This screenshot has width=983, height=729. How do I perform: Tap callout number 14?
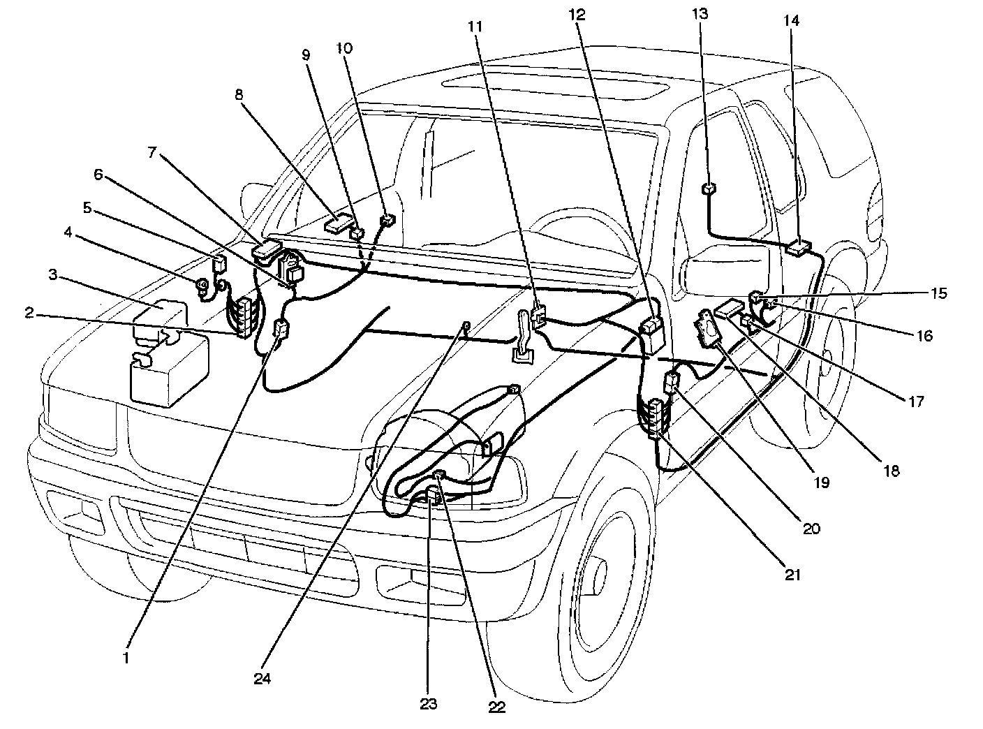[792, 22]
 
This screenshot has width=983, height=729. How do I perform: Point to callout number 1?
[126, 657]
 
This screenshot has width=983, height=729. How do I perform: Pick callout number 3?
[52, 275]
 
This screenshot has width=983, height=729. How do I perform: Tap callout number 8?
[239, 95]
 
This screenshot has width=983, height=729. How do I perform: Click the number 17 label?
[917, 402]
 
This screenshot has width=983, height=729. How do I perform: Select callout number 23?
[428, 704]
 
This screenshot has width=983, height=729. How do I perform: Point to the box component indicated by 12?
[652, 333]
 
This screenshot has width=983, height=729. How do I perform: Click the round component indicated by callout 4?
[201, 285]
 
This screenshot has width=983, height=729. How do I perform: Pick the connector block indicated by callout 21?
[656, 418]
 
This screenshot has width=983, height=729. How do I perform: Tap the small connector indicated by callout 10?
[386, 221]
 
